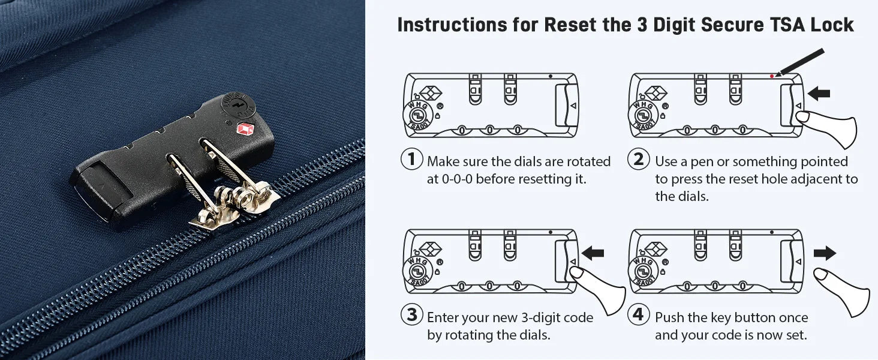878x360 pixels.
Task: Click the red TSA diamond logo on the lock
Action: point(245,129)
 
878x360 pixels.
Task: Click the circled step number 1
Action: point(411,159)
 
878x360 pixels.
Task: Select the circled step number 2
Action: point(639,159)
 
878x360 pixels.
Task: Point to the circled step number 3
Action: point(411,314)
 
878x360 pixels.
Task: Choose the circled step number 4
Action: point(639,314)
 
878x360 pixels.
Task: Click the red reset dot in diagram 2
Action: point(772,76)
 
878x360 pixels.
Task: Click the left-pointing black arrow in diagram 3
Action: point(593,253)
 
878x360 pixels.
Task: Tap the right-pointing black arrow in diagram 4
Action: point(825,253)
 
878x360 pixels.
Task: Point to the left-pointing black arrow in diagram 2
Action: point(819,94)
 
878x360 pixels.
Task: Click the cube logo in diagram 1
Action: point(430,94)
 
